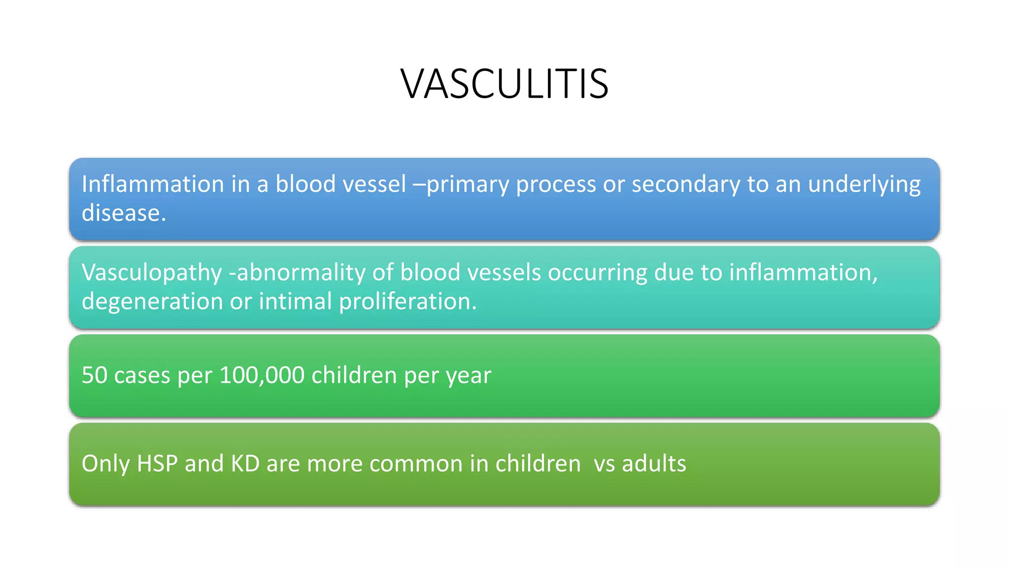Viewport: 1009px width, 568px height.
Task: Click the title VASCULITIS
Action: point(504,84)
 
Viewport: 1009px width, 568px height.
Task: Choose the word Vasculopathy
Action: point(152,273)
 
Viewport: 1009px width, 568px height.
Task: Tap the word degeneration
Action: point(152,302)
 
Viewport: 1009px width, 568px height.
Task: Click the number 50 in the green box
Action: point(94,376)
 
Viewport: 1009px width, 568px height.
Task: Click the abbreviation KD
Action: point(245,464)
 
